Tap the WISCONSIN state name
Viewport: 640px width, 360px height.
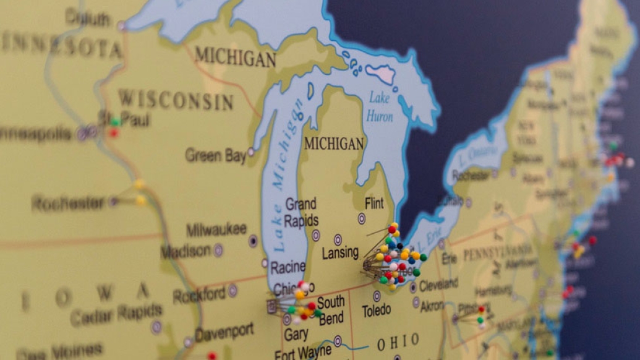[x=176, y=100]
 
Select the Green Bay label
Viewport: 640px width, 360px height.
[x=216, y=155]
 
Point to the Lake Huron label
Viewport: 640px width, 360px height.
[x=380, y=106]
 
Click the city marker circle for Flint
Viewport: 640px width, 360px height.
[x=362, y=218]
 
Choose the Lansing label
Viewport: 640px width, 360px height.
[x=340, y=252]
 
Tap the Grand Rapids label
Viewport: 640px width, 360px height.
[x=301, y=212]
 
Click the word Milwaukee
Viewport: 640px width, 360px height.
[x=216, y=229]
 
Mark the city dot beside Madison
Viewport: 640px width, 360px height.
[x=218, y=251]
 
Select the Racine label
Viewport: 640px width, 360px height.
[x=288, y=267]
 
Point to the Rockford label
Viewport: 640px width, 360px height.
[x=199, y=294]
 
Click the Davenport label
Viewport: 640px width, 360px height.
[x=224, y=332]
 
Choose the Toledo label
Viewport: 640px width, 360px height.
[x=377, y=311]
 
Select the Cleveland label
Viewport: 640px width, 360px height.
[x=438, y=285]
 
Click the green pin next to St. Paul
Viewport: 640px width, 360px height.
[x=115, y=122]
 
